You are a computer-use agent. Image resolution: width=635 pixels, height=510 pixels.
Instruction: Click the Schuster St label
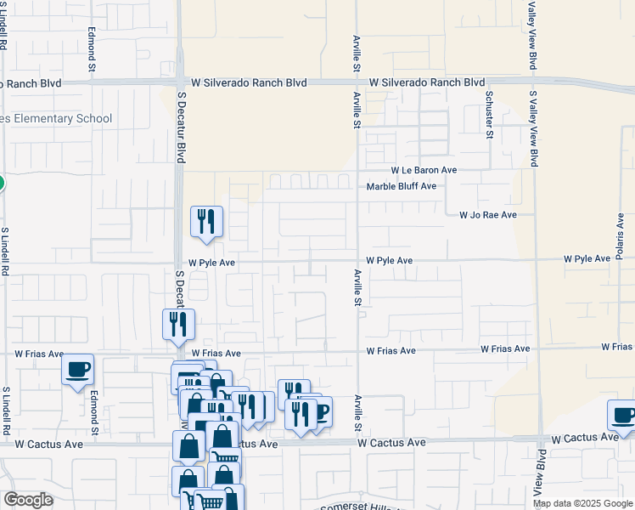click(x=489, y=113)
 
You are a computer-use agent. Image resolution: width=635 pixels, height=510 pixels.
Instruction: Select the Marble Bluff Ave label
click(x=401, y=186)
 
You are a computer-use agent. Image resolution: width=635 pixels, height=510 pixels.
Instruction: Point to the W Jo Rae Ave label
click(x=488, y=216)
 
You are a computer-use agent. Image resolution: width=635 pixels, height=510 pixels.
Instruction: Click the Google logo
click(x=28, y=500)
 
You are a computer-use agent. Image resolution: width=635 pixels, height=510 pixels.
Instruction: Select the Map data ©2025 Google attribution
click(x=582, y=503)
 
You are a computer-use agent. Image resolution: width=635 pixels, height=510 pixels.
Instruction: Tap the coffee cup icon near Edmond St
click(x=78, y=371)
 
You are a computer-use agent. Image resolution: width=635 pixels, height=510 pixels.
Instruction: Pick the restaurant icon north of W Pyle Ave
click(x=207, y=223)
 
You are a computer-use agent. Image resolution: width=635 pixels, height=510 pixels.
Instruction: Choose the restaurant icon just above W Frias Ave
click(x=178, y=325)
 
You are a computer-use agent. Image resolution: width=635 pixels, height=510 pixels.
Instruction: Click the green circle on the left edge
click(x=1, y=183)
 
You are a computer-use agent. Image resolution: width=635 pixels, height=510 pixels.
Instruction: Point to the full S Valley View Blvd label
click(x=534, y=128)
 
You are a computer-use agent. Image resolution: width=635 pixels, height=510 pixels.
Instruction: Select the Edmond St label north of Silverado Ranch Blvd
click(x=92, y=46)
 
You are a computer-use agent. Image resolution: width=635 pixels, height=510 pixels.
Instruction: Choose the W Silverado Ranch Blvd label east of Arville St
click(x=426, y=83)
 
